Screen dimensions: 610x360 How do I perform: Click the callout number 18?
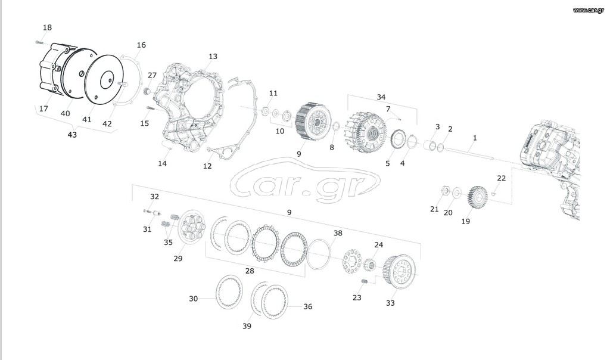click(x=47, y=27)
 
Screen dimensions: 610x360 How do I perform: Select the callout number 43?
click(x=72, y=135)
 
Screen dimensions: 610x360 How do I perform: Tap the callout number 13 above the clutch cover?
click(x=213, y=57)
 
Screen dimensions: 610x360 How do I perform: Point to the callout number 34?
click(x=381, y=97)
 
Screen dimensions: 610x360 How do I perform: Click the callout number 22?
click(x=502, y=178)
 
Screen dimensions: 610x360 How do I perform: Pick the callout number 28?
click(x=250, y=271)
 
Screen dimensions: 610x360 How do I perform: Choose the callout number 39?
click(x=247, y=326)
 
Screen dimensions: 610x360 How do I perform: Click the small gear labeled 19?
click(x=477, y=197)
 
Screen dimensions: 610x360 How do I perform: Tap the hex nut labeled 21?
click(x=444, y=191)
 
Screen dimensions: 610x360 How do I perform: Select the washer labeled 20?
click(x=457, y=193)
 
